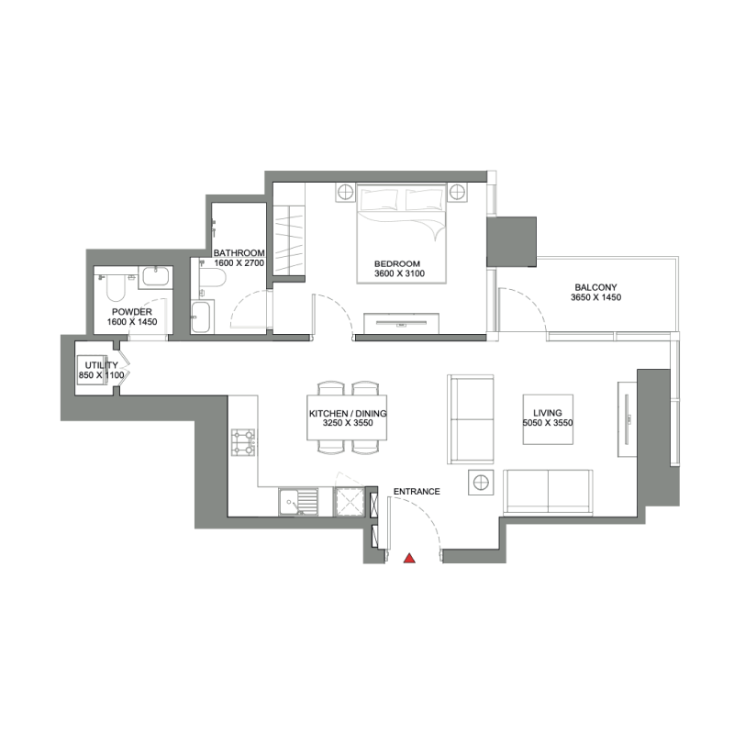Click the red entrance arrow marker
pos(410,557)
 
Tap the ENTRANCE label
pos(417,492)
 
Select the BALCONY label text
pos(596,286)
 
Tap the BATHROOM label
pos(239,253)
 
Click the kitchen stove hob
pos(246,443)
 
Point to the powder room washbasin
pos(155,275)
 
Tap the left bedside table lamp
pos(345,192)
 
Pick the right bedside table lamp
pos(458,192)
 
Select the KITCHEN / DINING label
pos(348,414)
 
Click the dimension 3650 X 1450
pos(596,297)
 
